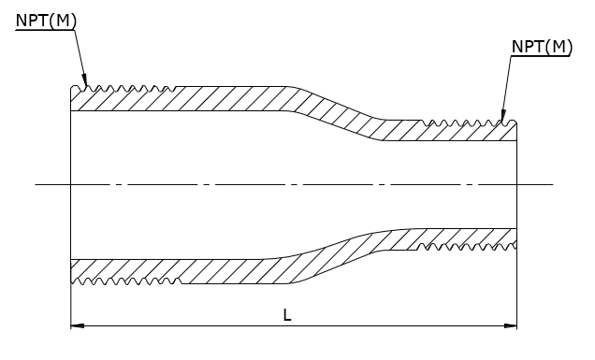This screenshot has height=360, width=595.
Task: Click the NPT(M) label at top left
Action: pyautogui.click(x=46, y=21)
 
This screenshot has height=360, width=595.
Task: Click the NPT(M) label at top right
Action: pyautogui.click(x=542, y=47)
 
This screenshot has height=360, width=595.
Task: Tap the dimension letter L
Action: pyautogui.click(x=287, y=315)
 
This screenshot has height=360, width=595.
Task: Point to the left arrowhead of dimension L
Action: pyautogui.click(x=78, y=325)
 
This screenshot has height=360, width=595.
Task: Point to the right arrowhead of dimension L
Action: pyautogui.click(x=510, y=325)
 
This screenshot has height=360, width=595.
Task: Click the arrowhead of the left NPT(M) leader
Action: pyautogui.click(x=85, y=80)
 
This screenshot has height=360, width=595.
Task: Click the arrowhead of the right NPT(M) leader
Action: pyautogui.click(x=503, y=116)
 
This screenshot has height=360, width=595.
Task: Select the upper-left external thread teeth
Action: pyautogui.click(x=123, y=89)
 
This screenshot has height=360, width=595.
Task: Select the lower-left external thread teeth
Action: pyautogui.click(x=126, y=281)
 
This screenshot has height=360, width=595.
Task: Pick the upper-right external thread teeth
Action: pyautogui.click(x=469, y=122)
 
